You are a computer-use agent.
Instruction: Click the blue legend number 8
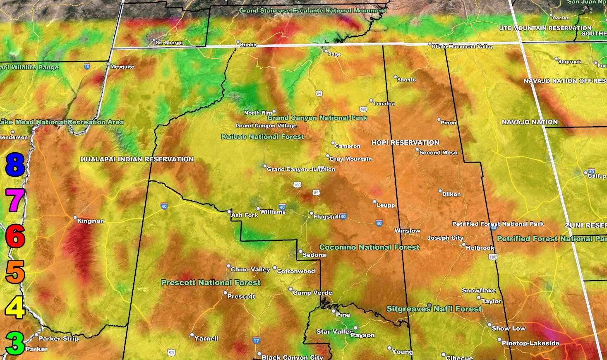click(15, 164)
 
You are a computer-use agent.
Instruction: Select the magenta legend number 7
click(15, 200)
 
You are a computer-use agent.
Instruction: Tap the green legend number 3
click(15, 343)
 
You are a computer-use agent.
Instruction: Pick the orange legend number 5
click(15, 272)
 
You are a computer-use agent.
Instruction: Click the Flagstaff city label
click(327, 216)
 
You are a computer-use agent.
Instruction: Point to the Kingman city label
click(90, 221)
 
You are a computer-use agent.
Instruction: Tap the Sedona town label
click(314, 255)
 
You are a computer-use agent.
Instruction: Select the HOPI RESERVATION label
click(405, 142)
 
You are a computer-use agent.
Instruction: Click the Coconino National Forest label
click(369, 247)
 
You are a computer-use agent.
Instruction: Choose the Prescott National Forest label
click(211, 283)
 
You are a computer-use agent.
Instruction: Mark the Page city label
click(334, 54)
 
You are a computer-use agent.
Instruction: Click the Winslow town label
click(407, 231)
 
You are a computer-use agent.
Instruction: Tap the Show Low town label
click(509, 329)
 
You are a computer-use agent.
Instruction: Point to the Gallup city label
click(596, 176)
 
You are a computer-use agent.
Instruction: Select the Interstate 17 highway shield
click(256, 341)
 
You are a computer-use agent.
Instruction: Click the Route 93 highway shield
click(171, 353)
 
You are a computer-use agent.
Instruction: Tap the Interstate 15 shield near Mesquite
click(86, 66)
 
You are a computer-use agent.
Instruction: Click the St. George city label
click(169, 43)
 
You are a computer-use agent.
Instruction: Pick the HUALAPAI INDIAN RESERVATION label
click(137, 159)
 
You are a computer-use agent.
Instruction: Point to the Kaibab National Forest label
click(262, 137)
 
